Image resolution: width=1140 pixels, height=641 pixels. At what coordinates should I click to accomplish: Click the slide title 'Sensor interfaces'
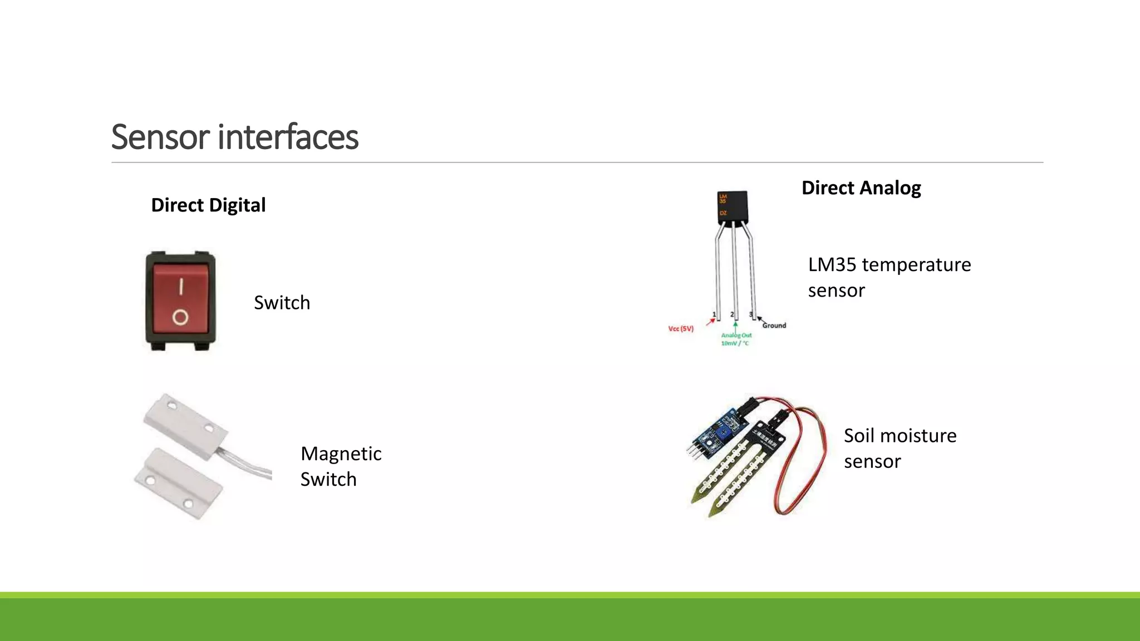(x=234, y=137)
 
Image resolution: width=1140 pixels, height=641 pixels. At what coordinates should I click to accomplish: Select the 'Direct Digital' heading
(x=208, y=205)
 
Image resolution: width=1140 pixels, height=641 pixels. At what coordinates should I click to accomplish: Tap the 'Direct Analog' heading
(x=861, y=188)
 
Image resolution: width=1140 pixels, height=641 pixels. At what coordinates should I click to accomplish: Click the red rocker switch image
(x=180, y=300)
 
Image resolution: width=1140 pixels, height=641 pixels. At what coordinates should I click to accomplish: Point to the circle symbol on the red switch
(x=180, y=318)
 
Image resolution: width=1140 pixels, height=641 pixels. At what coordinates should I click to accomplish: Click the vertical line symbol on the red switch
(x=180, y=287)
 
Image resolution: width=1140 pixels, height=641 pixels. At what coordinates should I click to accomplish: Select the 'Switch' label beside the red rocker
(x=282, y=303)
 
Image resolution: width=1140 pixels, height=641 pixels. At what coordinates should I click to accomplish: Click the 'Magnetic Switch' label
(x=341, y=466)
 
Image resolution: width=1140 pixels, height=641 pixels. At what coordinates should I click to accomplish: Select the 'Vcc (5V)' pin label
(x=681, y=329)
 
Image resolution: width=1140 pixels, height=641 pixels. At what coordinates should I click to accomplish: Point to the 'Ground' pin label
(x=774, y=326)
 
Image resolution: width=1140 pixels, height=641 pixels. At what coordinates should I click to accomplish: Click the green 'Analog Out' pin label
(x=736, y=339)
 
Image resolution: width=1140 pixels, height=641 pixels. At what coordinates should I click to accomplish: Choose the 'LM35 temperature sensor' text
(x=889, y=277)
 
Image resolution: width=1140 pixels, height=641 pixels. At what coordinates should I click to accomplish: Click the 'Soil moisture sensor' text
(x=900, y=448)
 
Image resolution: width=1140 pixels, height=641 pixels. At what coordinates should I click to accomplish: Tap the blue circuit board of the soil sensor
(x=716, y=432)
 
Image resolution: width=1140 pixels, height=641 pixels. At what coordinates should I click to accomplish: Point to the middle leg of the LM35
(x=735, y=273)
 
